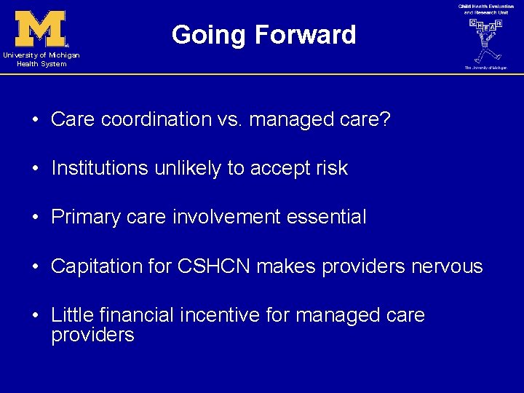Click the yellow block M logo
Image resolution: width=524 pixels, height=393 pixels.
point(41,28)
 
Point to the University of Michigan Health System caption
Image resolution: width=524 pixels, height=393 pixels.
point(41,60)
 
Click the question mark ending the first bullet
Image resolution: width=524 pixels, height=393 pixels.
point(385,119)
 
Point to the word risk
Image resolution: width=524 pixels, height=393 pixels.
point(331,168)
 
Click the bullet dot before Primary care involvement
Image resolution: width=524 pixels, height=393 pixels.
point(35,218)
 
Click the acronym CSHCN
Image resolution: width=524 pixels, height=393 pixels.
point(212,266)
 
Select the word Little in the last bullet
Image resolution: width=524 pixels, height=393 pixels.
point(71,315)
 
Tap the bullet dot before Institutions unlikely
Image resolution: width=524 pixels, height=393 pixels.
point(35,169)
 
